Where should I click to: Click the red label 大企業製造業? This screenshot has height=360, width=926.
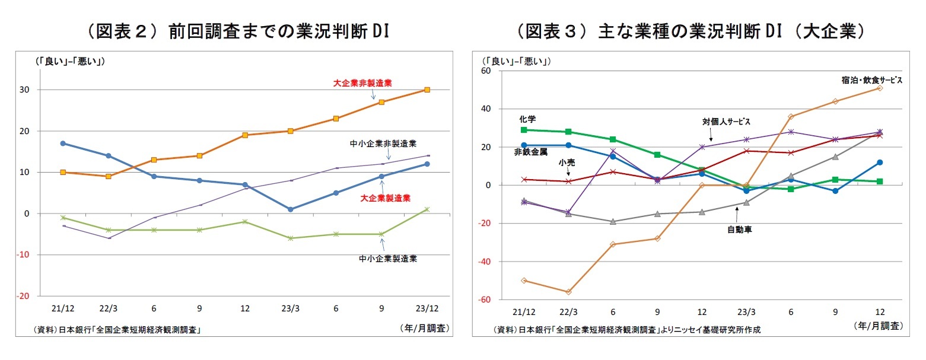[386, 198]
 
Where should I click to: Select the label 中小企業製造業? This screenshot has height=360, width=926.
[388, 259]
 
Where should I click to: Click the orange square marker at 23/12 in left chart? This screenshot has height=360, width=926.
[427, 90]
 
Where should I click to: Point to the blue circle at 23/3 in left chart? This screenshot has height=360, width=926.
[290, 209]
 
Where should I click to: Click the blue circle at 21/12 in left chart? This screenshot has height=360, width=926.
[63, 144]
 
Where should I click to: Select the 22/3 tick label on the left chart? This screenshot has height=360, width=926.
[108, 309]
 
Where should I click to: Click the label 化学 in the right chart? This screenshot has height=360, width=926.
[527, 119]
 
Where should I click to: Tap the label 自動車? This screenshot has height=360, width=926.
[739, 229]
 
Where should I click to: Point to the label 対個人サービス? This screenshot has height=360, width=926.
[726, 122]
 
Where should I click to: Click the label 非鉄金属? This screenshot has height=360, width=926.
[530, 152]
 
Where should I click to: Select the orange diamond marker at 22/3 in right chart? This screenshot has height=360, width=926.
[569, 292]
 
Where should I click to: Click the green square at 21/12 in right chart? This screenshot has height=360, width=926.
[524, 130]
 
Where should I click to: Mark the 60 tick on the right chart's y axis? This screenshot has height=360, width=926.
[485, 71]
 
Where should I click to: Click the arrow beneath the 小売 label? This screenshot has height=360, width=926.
[568, 173]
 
